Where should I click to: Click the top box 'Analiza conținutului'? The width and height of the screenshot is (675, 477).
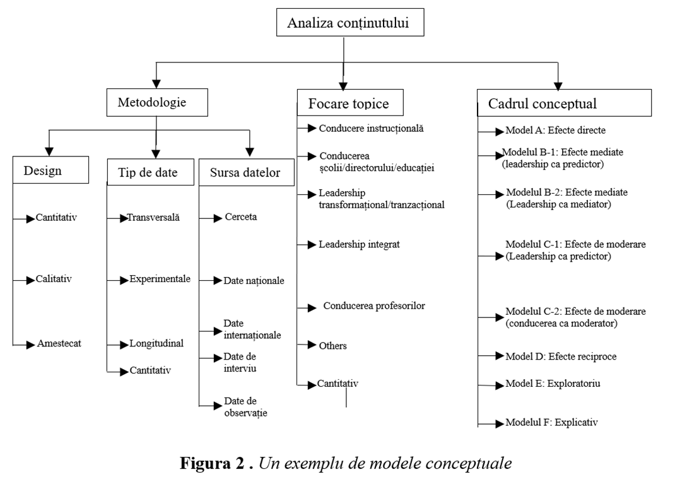coord(350,22)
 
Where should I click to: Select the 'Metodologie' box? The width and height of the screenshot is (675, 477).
coord(157,102)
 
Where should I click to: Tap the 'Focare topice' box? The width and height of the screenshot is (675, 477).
coord(350,102)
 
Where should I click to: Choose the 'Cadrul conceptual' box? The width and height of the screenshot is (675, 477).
coord(564,103)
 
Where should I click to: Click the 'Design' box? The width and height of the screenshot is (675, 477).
coord(51,170)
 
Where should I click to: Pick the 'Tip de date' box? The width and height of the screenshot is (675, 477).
coord(150,172)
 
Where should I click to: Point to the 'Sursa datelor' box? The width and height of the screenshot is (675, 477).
coord(246,172)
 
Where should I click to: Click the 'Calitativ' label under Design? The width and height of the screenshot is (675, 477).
coord(54,279)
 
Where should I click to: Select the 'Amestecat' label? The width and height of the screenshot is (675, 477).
coord(59,343)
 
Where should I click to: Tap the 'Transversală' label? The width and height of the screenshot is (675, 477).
coord(153,218)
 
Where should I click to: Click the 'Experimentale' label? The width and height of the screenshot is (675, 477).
coord(160,279)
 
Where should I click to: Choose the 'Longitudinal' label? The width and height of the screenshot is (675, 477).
coord(156,343)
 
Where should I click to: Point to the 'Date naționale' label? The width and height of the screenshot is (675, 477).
coord(254,281)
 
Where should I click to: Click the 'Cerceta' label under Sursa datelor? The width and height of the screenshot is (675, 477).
coord(240,217)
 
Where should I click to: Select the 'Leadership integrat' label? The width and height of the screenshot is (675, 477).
coord(359,245)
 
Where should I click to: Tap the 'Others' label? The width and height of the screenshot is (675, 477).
coord(332,346)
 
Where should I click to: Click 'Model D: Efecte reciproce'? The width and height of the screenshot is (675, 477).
coord(560,356)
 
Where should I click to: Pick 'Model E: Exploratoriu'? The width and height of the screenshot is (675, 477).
coord(553,384)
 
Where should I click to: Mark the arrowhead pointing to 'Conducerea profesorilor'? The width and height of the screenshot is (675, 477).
coord(312,308)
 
